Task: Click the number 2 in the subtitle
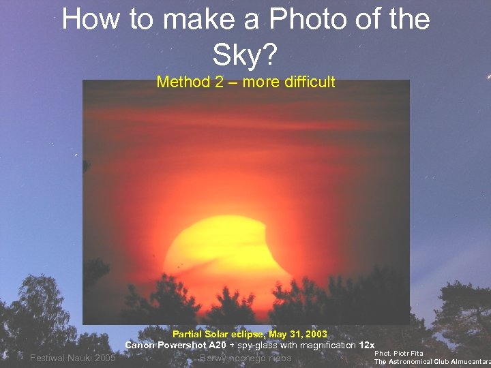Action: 219,82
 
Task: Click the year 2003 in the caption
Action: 316,335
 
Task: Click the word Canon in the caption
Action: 140,346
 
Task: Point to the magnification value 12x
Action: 367,346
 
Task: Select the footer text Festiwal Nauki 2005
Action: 73,358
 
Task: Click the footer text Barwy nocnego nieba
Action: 246,358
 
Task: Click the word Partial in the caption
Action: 187,335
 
